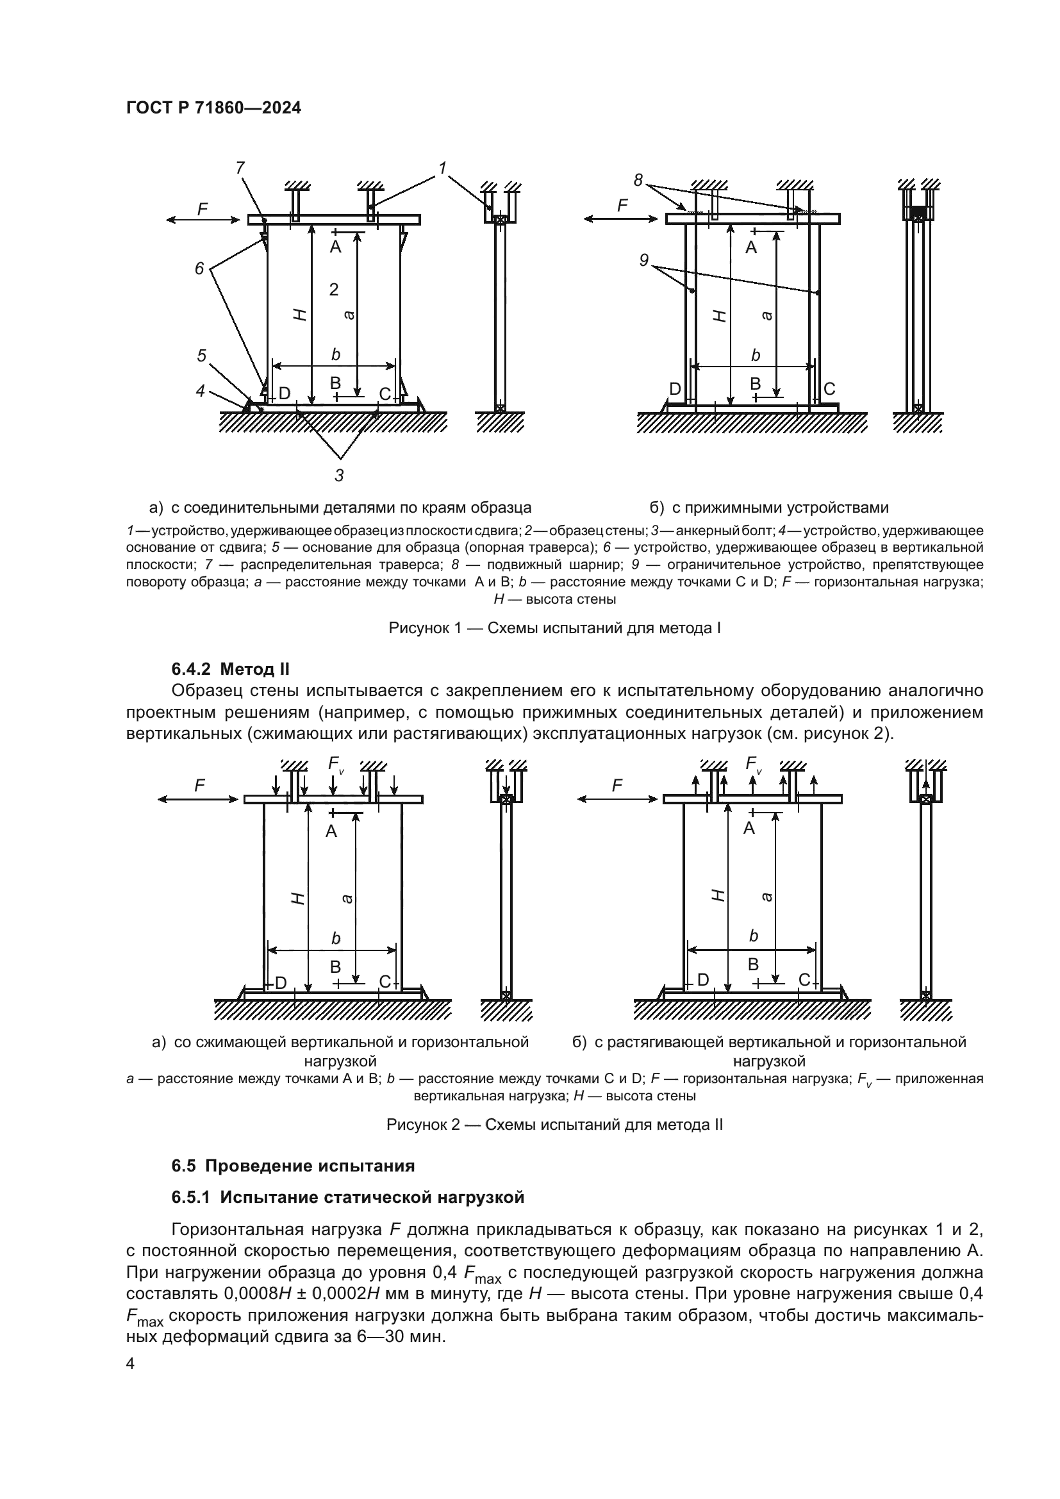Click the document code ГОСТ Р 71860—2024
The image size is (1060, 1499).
tap(213, 108)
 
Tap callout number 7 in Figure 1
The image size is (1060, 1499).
tap(240, 168)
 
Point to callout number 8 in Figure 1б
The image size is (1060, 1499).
tap(638, 179)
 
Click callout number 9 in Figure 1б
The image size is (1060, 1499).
tap(643, 260)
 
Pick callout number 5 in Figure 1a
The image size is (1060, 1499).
tap(202, 355)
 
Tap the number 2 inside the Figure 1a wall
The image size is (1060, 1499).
tap(333, 289)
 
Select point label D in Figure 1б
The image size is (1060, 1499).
tap(675, 389)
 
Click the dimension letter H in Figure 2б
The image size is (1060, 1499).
tap(718, 895)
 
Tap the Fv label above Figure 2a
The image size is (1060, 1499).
tap(335, 763)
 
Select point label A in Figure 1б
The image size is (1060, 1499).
tap(750, 247)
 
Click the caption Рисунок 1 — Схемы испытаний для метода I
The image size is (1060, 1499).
tap(554, 629)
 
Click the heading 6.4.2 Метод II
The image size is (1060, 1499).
tap(231, 669)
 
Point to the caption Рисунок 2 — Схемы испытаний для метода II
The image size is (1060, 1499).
tap(554, 1125)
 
